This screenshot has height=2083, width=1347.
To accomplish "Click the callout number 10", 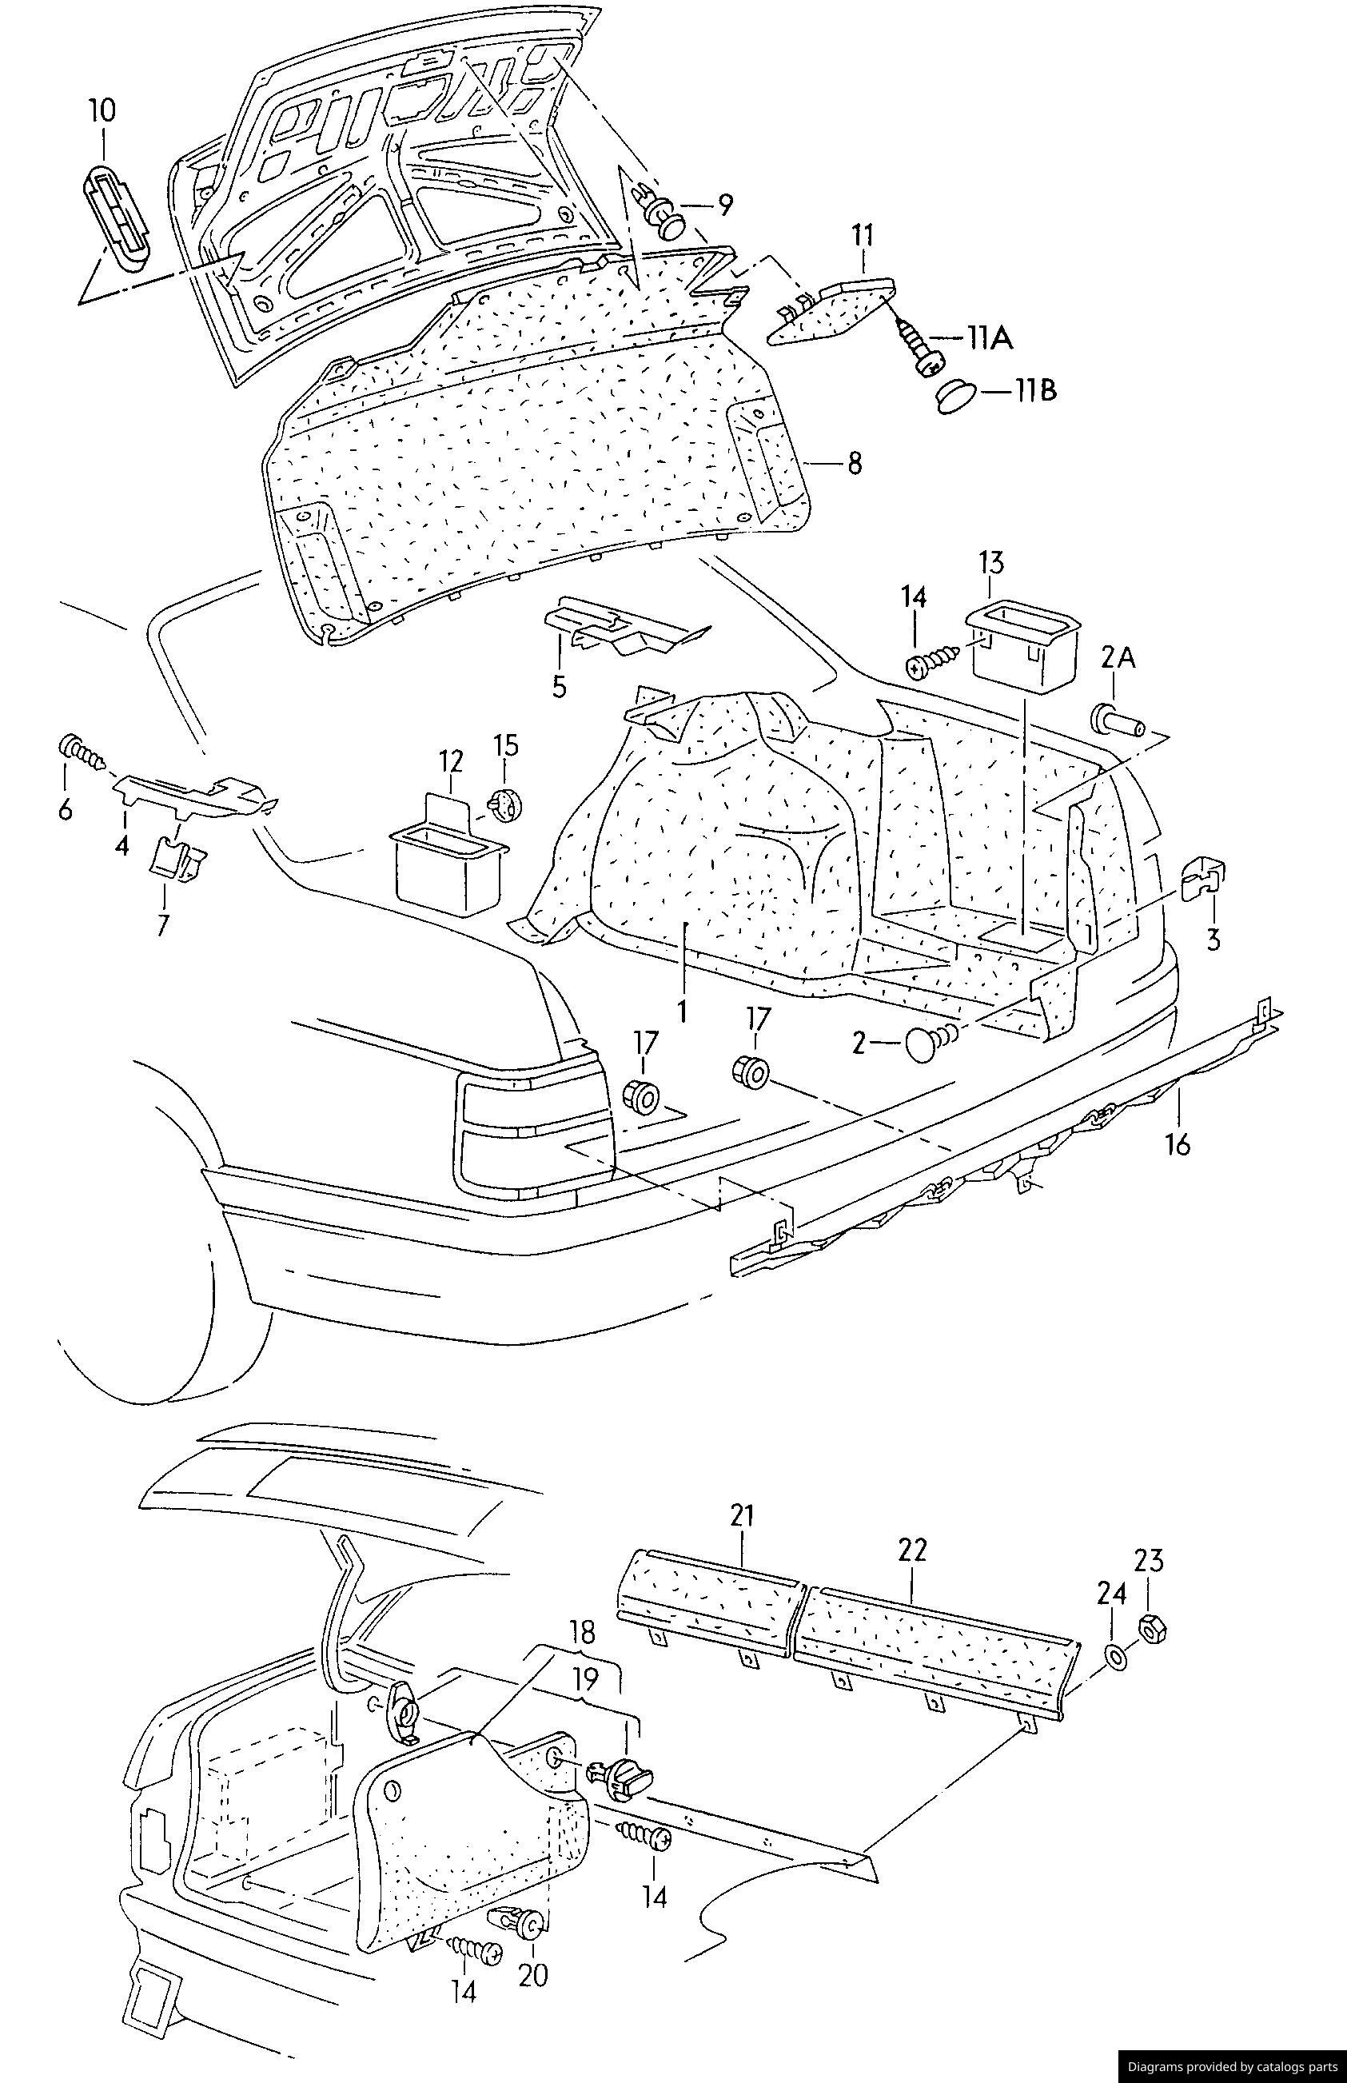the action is pos(102,111).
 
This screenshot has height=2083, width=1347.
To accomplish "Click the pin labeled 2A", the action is pos(1117,724).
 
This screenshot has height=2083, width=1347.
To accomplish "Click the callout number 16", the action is pos(1178,1143).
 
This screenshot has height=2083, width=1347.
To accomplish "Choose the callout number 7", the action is pos(164,924).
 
